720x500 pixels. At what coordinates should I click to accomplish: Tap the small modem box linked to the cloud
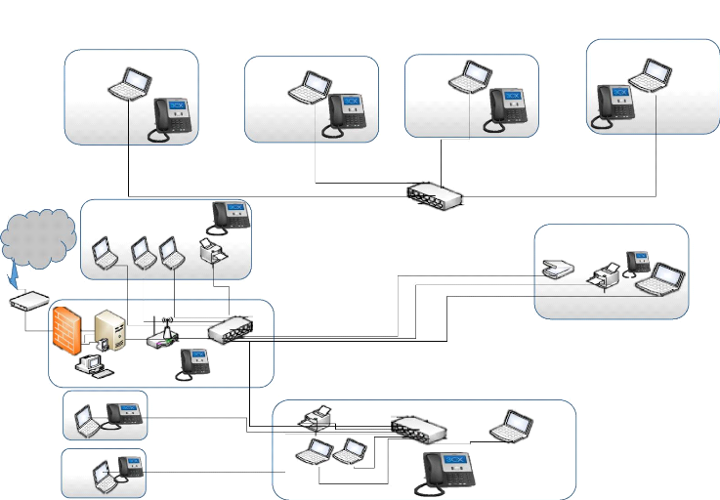tap(28, 302)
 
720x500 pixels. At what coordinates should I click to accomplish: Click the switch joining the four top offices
tap(436, 194)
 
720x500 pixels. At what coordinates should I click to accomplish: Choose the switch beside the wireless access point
tap(230, 327)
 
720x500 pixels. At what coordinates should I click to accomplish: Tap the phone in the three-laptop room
tap(232, 213)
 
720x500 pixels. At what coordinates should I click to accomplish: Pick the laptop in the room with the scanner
tap(667, 278)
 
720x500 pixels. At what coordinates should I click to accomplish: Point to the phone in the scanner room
tap(638, 261)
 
